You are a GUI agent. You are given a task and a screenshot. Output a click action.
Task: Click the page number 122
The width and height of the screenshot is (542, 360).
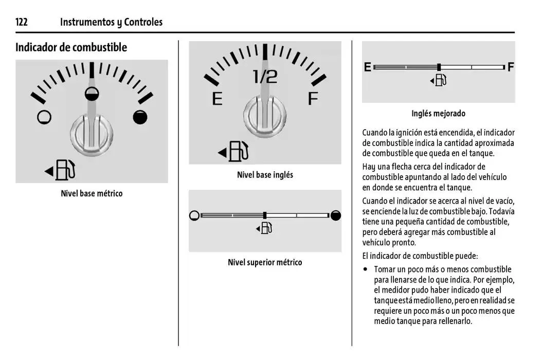(x=21, y=22)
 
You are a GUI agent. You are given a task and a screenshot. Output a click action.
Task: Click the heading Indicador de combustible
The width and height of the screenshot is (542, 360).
(x=71, y=47)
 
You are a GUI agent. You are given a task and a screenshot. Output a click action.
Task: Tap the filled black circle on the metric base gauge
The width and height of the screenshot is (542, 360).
(x=140, y=117)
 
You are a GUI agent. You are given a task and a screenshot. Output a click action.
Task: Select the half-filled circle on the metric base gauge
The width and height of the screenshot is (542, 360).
(x=92, y=93)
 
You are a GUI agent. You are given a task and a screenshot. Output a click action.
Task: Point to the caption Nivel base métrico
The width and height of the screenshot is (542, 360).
(x=92, y=194)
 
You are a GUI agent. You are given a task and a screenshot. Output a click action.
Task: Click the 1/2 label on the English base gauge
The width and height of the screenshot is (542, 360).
(x=265, y=77)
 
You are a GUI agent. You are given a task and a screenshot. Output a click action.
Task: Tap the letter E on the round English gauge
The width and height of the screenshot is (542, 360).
(x=217, y=98)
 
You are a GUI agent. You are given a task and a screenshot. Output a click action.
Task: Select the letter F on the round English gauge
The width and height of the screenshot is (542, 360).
(x=313, y=98)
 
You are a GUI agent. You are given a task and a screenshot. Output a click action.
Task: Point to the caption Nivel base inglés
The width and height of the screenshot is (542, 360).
(x=265, y=175)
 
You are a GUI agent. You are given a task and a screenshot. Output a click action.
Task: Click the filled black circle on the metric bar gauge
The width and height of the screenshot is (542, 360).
(x=336, y=215)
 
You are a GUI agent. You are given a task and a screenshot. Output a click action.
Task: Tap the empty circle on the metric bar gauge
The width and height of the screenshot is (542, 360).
(x=194, y=215)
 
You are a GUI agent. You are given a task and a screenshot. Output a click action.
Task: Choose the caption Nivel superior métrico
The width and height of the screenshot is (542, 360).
(x=265, y=263)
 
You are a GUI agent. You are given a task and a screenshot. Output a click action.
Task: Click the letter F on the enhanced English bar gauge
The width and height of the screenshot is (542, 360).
(x=511, y=67)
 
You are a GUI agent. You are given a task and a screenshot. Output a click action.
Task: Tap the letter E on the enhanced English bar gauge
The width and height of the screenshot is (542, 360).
(x=368, y=67)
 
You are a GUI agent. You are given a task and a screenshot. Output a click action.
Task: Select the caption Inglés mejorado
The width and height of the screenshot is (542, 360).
(x=438, y=114)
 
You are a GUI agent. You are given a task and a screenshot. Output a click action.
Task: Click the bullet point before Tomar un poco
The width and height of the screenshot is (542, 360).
(x=366, y=269)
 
